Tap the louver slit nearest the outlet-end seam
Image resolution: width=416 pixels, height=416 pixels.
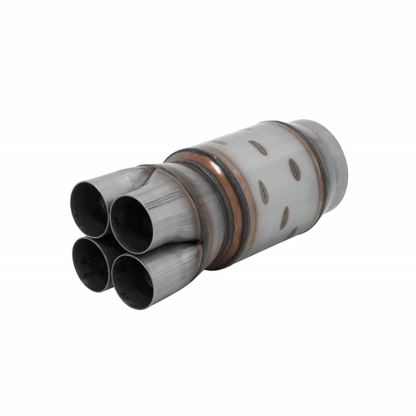(x=295, y=169)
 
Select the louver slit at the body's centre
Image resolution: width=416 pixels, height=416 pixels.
(x=263, y=192)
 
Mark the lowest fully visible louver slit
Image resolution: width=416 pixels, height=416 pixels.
(x=285, y=218)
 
